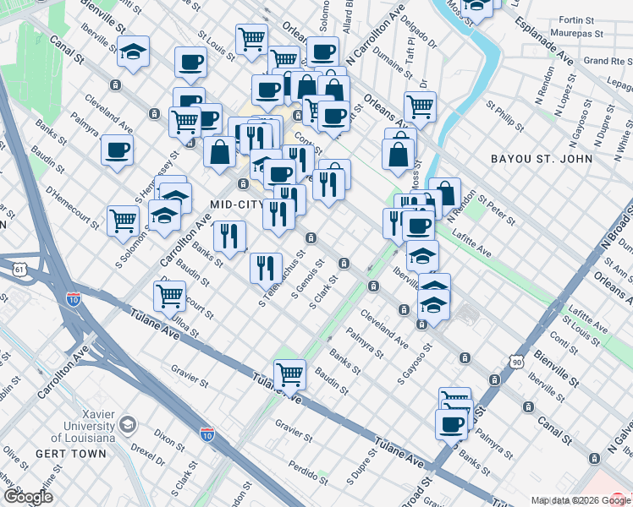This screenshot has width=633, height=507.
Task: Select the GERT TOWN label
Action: pyautogui.click(x=71, y=454)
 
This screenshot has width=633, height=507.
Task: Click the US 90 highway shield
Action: pyautogui.click(x=516, y=362)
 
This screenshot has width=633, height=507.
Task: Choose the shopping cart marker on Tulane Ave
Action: pyautogui.click(x=289, y=375)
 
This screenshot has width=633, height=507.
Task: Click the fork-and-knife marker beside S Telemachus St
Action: pyautogui.click(x=266, y=269)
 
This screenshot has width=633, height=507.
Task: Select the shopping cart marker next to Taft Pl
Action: pyautogui.click(x=420, y=106)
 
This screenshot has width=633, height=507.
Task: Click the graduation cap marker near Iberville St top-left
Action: pyautogui.click(x=133, y=52)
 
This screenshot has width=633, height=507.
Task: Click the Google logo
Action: pyautogui.click(x=28, y=497)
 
